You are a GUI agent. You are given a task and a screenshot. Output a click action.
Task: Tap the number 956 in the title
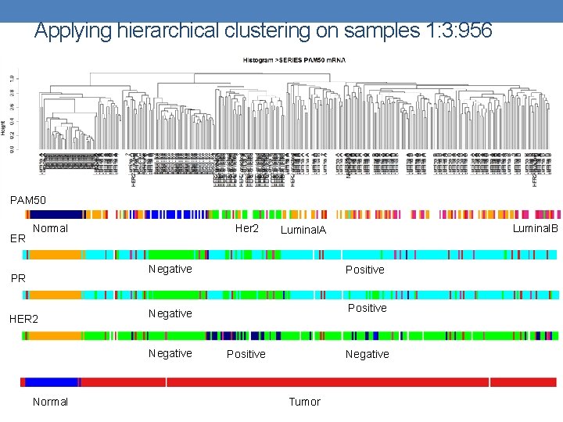pyautogui.click(x=472, y=30)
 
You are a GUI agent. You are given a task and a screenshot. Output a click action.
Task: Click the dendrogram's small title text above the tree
pyautogui.click(x=294, y=60)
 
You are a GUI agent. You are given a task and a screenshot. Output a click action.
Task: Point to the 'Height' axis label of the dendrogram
pyautogui.click(x=4, y=127)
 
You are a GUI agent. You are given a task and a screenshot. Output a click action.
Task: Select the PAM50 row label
pyautogui.click(x=28, y=201)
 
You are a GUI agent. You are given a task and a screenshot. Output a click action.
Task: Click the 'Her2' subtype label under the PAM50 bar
pyautogui.click(x=246, y=228)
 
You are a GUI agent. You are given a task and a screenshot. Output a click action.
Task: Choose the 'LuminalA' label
pyautogui.click(x=302, y=230)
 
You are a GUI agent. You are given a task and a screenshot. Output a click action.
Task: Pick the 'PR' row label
pyautogui.click(x=17, y=278)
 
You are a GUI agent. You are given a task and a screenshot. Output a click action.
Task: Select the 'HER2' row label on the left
pyautogui.click(x=23, y=319)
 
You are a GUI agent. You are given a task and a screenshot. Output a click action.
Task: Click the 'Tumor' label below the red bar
pyautogui.click(x=304, y=402)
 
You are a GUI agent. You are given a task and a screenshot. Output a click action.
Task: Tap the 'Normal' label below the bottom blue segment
pyautogui.click(x=50, y=402)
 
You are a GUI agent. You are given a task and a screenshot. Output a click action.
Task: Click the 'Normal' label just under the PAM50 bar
pyautogui.click(x=50, y=228)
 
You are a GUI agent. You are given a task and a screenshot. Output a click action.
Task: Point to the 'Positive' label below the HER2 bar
pyautogui.click(x=246, y=354)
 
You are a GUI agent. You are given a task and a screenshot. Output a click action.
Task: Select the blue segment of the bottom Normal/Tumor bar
pyautogui.click(x=52, y=382)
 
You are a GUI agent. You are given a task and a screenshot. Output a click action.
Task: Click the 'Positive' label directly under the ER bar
pyautogui.click(x=364, y=270)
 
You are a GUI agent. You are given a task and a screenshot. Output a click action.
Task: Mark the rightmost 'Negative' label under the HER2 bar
pyautogui.click(x=367, y=354)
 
